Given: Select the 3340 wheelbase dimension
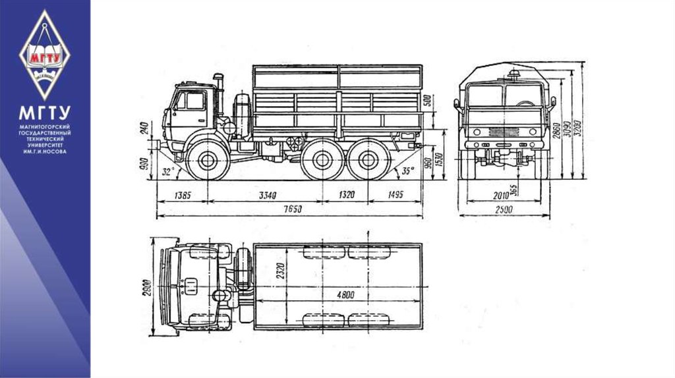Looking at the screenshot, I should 266,195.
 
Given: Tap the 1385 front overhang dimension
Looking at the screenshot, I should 184,195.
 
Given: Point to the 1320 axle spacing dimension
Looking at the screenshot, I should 347,195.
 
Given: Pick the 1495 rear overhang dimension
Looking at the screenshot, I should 395,195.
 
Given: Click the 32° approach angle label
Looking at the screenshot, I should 168,172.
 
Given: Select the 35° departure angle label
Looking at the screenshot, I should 408,171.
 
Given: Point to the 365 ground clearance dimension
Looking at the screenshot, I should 514,186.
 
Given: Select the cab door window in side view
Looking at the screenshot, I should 194,101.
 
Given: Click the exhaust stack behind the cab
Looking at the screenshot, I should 220,92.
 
